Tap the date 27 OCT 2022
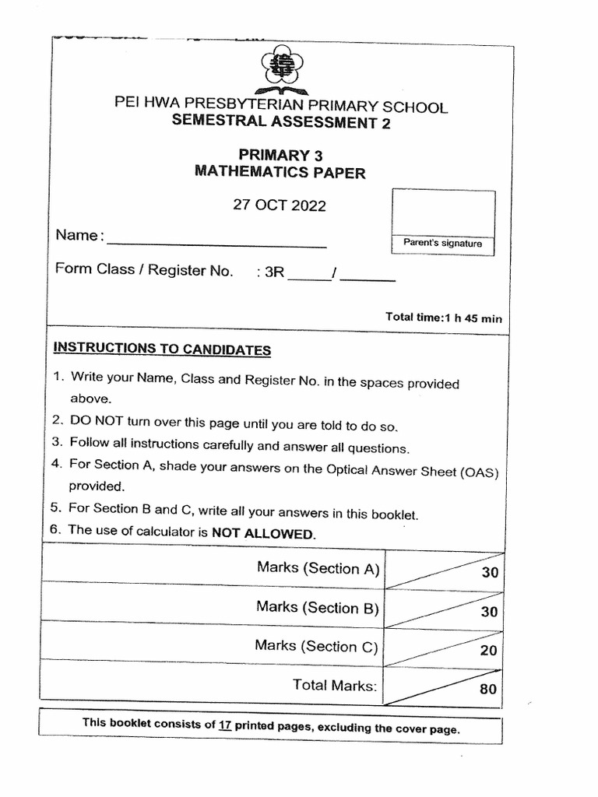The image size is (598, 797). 280,206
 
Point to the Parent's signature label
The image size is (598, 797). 442,244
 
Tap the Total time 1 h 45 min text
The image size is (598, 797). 444,317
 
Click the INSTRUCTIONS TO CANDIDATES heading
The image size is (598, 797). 162,349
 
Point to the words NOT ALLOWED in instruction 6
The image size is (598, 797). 264,534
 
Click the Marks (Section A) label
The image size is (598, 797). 318,568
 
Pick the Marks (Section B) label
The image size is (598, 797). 318,608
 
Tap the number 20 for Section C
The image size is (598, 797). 488,650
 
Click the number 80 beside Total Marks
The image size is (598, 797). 488,690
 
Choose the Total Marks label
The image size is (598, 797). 335,685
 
